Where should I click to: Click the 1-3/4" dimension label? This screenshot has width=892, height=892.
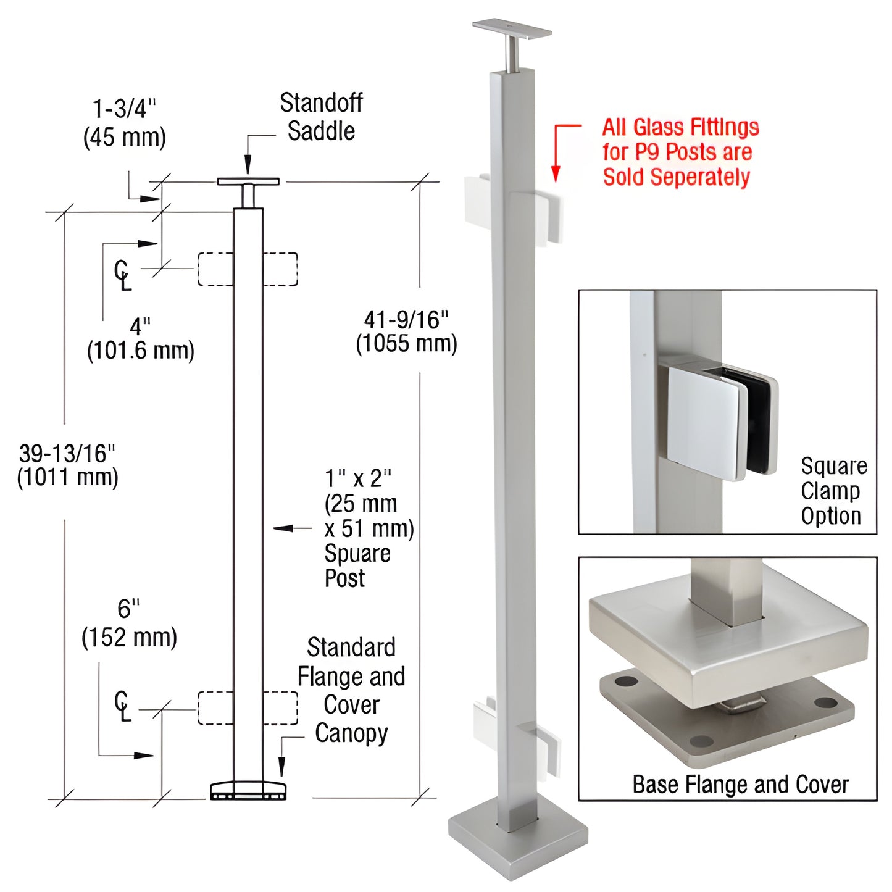[x=124, y=109]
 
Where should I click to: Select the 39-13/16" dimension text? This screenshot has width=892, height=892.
[x=67, y=454]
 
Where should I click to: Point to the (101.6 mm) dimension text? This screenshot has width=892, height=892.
[x=140, y=351]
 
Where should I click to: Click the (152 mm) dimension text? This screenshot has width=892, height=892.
[x=129, y=637]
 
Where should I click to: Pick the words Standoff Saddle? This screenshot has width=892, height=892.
[x=321, y=117]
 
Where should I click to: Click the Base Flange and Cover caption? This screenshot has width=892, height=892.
[x=740, y=785]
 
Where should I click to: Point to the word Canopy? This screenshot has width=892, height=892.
[x=351, y=733]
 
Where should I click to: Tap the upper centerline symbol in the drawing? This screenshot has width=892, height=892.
[x=122, y=274]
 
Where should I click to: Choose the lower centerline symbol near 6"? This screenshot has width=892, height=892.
[x=122, y=706]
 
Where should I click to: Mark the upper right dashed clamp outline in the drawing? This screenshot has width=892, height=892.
[x=280, y=269]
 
